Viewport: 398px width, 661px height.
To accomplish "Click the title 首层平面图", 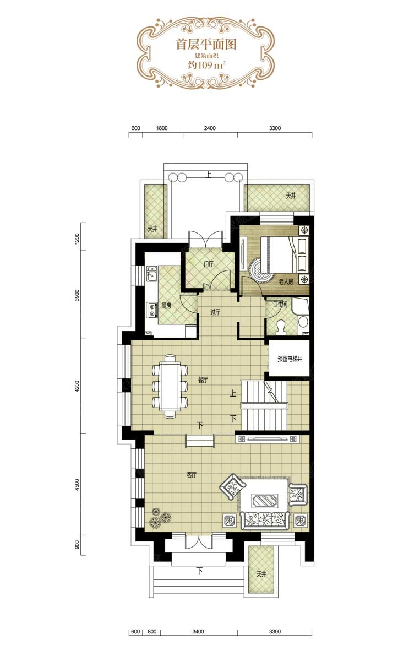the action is [x=206, y=45].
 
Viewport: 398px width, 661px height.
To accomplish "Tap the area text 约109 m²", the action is [x=207, y=65].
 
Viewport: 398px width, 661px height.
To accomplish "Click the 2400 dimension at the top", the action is [x=210, y=128].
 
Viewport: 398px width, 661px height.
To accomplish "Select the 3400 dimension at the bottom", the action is [x=198, y=632].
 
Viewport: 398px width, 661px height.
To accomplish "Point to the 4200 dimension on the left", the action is [x=77, y=386].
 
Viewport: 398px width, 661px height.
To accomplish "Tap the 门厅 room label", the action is [x=209, y=264].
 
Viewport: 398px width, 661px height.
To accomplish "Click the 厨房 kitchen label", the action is [x=166, y=306].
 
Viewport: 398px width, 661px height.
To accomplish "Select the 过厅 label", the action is [x=215, y=312].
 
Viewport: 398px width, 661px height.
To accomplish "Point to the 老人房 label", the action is [x=286, y=282].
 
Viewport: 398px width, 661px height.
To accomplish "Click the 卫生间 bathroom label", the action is [x=280, y=304].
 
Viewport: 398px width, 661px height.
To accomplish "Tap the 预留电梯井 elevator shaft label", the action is [x=290, y=359].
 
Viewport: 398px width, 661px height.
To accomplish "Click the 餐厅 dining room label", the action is [x=203, y=380].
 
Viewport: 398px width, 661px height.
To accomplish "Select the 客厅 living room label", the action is [x=192, y=475].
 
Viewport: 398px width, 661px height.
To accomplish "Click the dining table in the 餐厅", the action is [x=170, y=386].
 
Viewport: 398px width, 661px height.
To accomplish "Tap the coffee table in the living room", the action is [x=264, y=501].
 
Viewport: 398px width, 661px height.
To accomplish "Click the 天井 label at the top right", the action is [x=291, y=196].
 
